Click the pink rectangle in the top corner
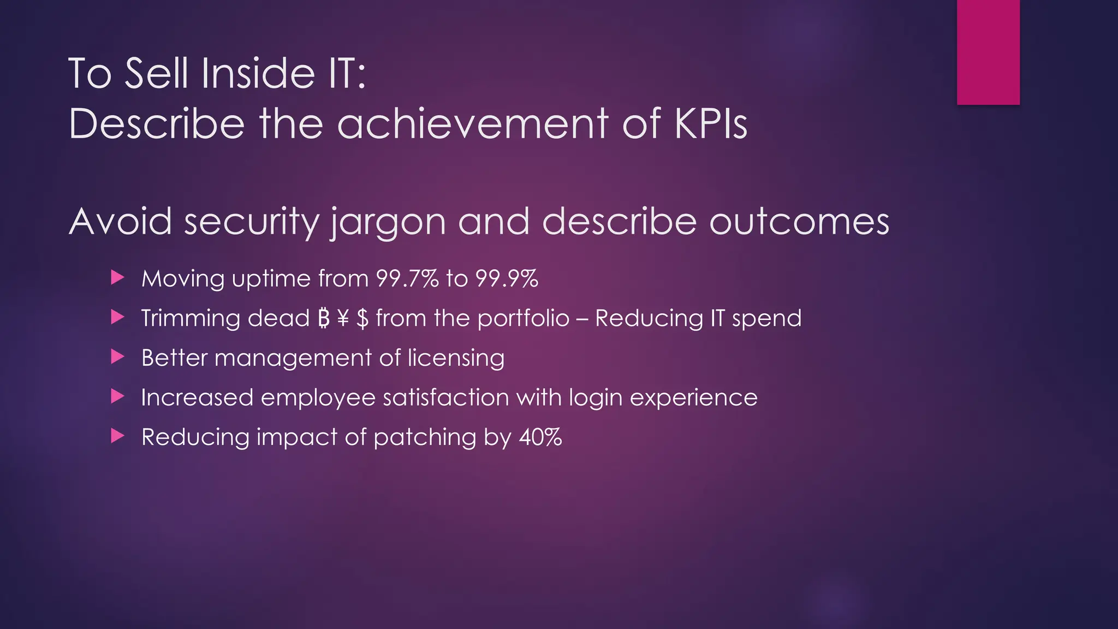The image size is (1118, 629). [x=988, y=52]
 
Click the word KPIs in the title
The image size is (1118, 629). [x=711, y=124]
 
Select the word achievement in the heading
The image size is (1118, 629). [x=472, y=124]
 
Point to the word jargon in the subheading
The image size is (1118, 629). [x=388, y=223]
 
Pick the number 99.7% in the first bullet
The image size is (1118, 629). [x=407, y=278]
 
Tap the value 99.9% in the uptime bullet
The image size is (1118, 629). [x=507, y=278]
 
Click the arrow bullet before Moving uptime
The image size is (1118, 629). [x=117, y=277]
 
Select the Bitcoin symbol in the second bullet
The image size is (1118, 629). [x=324, y=318]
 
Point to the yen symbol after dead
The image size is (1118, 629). [x=343, y=318]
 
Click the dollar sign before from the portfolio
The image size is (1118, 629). [x=362, y=318]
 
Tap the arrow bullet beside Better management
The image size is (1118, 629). [x=117, y=357]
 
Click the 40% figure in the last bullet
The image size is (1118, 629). [x=540, y=437]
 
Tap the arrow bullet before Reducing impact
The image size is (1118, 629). [x=117, y=436]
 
